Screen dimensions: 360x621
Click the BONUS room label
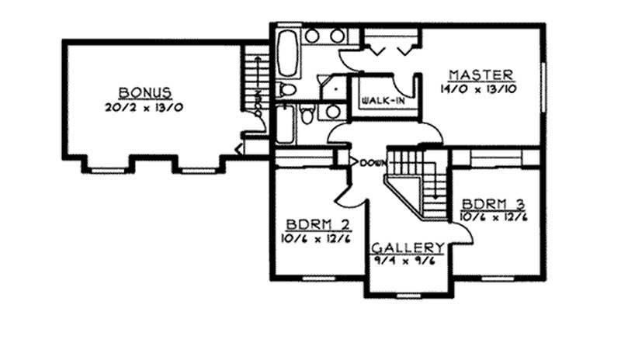tap(145, 91)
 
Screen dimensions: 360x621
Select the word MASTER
tap(480, 74)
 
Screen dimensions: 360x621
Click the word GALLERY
tap(408, 247)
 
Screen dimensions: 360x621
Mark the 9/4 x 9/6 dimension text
tap(408, 261)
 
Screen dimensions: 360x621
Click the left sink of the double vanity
tap(312, 36)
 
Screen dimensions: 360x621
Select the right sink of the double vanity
tap(337, 36)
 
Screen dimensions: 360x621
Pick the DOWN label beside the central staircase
tap(373, 163)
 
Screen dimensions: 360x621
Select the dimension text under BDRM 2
tap(315, 240)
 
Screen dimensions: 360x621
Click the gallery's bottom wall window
tap(407, 296)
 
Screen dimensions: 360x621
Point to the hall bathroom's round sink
tap(332, 112)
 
